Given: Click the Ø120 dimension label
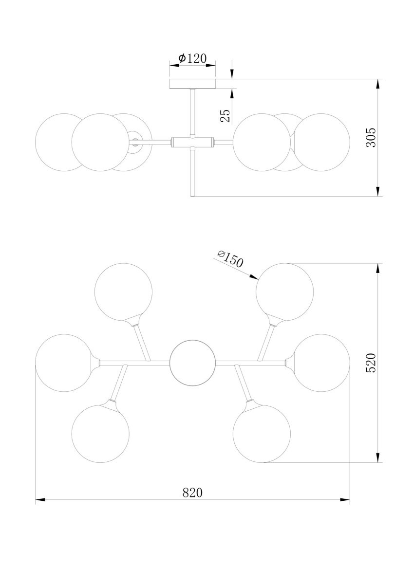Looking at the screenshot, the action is tap(192, 58).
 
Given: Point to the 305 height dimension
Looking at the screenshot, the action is tap(371, 138).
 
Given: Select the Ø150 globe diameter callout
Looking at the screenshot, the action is tap(231, 258).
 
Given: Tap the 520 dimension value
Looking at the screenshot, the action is tap(371, 363).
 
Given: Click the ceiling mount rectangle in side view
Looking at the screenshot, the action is tap(192, 84).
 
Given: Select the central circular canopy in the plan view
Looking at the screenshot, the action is tap(192, 363).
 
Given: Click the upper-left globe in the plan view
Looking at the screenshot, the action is tap(123, 292).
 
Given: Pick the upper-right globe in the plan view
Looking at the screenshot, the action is tap(284, 292).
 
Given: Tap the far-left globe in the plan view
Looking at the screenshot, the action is tap(64, 363).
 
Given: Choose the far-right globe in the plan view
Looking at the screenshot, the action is tap(321, 363).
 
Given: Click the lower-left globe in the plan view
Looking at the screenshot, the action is tap(100, 434).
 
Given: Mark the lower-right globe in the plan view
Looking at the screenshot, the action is tap(262, 434).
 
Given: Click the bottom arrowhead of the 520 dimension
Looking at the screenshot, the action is tap(377, 457).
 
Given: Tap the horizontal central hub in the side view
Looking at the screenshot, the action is tap(192, 142).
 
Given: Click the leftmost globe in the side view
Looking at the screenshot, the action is tap(64, 142).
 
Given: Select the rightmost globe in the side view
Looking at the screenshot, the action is tap(321, 142).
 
